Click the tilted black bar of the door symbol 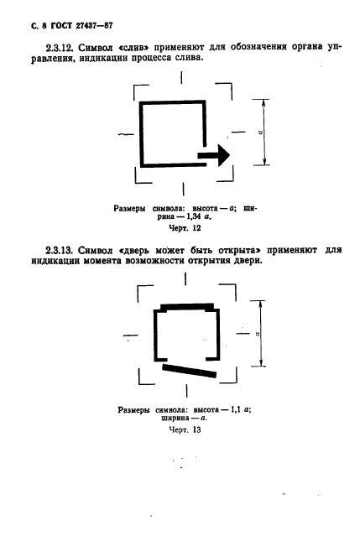[x=189, y=371]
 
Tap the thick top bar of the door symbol [x=187, y=306]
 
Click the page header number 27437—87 [x=94, y=26]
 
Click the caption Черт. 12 [x=185, y=228]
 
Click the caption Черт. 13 [x=185, y=430]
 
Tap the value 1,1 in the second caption [x=235, y=410]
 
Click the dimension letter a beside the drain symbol [x=261, y=132]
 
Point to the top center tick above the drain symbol [x=181, y=78]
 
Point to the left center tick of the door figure [x=130, y=335]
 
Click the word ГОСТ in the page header [x=61, y=26]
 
